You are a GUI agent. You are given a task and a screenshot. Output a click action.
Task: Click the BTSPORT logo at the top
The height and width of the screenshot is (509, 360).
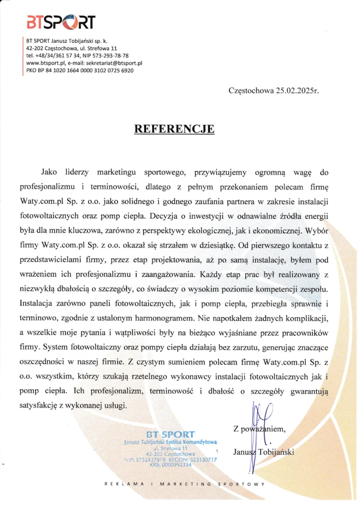[60, 21]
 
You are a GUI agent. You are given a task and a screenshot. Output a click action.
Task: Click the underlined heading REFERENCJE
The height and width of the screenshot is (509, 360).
[174, 129]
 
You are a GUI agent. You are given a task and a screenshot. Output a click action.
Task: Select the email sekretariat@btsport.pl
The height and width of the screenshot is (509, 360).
[114, 63]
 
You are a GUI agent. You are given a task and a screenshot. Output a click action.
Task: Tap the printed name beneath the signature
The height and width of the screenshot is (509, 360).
[264, 452]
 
